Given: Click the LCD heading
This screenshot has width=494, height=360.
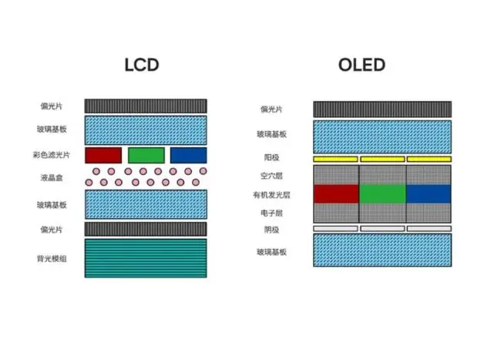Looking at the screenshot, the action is point(142,65).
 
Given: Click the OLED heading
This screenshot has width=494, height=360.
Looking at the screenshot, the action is point(361,65).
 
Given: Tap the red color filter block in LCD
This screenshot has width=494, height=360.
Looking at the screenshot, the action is point(103,155).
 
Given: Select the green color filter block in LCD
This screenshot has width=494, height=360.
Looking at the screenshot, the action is point(146,155).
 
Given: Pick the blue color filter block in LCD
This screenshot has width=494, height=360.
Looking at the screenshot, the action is point(188,155).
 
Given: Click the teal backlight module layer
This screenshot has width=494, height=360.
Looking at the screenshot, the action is point(146,258).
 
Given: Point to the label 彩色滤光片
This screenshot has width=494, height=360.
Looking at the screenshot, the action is point(52,155).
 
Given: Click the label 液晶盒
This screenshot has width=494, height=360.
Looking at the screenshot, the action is point(52,178).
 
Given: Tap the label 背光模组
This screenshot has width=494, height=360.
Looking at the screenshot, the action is point(52,259).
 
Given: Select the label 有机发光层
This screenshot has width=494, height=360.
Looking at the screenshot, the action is point(271,195).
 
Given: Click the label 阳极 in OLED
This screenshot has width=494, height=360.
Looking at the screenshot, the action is point(271,157).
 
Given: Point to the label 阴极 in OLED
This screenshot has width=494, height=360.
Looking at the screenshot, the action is point(271,230).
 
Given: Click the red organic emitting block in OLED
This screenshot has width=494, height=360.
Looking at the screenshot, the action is point(336,193).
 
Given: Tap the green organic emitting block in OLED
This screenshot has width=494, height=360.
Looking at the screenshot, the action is point(382,193).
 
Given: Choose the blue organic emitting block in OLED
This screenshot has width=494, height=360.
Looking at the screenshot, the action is point(428,193).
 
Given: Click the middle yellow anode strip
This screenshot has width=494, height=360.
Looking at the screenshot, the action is point(382,160).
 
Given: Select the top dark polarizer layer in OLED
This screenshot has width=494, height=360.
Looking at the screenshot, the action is point(382,109).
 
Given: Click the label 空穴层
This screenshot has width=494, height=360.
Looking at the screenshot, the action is point(271,176).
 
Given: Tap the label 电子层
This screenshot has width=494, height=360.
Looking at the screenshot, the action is point(271,213).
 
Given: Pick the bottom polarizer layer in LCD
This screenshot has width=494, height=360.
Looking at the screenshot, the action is point(146,229).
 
